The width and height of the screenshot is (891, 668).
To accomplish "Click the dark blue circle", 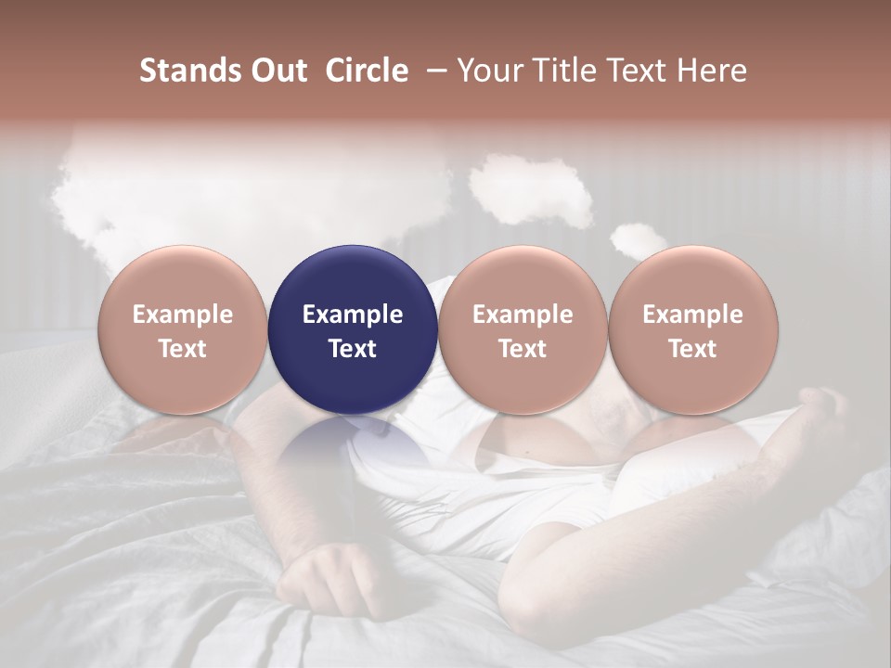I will [x=353, y=330].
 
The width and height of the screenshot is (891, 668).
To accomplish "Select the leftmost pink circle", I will [x=183, y=330].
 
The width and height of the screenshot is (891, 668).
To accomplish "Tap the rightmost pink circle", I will [x=692, y=330].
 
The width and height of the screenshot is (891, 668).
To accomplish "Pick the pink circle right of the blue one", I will [x=523, y=330].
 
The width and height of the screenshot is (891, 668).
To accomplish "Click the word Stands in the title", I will [x=188, y=71].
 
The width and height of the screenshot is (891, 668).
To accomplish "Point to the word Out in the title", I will [x=277, y=71].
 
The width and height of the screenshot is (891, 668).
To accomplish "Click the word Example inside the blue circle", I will [x=353, y=315].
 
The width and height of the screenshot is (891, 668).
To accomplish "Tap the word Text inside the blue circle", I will [x=353, y=349].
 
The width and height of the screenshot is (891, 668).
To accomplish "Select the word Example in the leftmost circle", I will [x=183, y=315].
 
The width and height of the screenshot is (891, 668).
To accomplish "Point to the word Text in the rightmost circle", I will [x=692, y=349].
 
